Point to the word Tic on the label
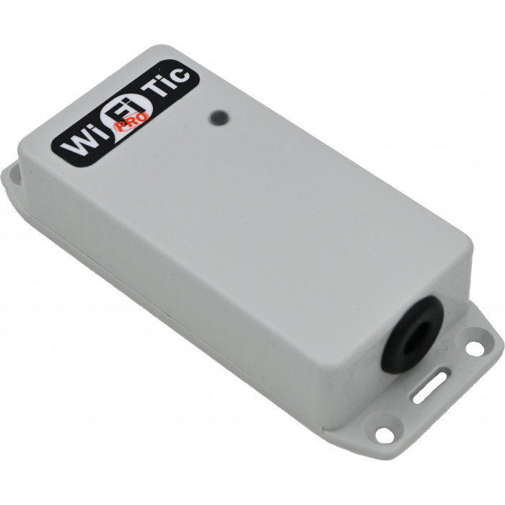167,83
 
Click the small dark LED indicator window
216,117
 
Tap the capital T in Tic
154,90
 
